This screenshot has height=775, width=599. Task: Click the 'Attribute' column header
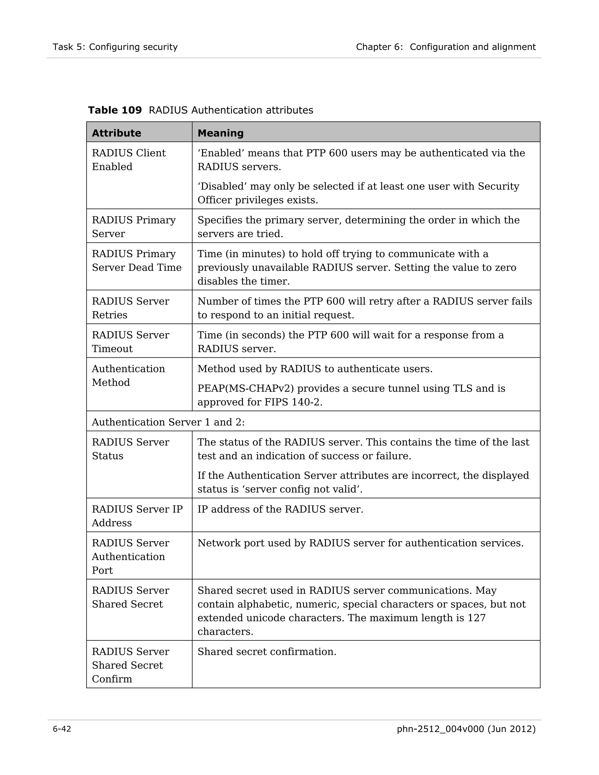pos(116,133)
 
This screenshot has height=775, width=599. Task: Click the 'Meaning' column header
pos(220,133)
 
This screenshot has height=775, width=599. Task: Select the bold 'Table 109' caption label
pos(115,110)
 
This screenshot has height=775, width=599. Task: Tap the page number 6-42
pos(62,729)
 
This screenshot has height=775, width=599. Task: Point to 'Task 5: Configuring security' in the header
pos(115,47)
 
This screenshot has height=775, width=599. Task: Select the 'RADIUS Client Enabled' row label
pos(128,160)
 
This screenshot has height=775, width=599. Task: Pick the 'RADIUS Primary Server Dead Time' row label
pos(137,261)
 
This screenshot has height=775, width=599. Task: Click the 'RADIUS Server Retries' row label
pos(130,308)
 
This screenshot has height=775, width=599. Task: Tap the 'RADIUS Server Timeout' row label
pos(130,342)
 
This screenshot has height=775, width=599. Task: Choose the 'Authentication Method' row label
pos(128,376)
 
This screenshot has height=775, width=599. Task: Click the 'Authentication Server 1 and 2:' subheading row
pos(168,422)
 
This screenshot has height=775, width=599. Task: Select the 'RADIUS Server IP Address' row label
pos(137,516)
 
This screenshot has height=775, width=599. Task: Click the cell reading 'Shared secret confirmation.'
pos(266,652)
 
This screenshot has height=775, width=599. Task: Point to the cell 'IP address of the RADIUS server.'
pos(280,509)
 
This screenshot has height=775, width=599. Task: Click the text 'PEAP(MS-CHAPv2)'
pos(246,389)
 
